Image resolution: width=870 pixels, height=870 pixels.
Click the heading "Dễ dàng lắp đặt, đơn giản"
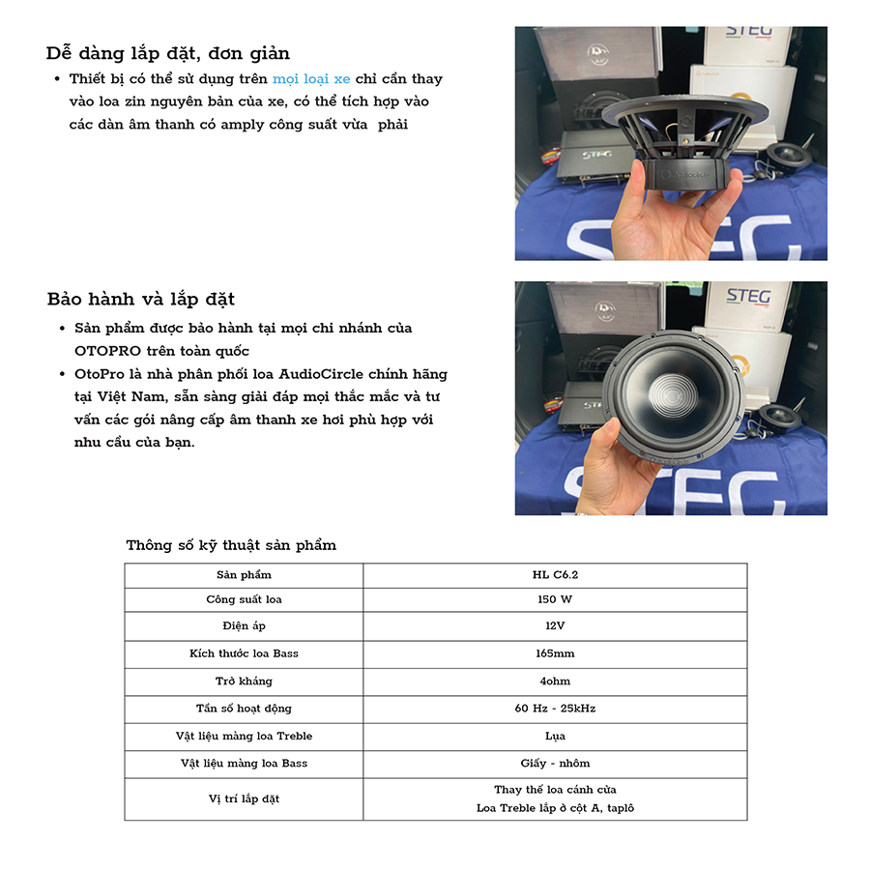168,53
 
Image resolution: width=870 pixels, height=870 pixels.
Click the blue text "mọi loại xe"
311,79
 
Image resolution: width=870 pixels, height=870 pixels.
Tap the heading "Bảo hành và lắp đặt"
141,299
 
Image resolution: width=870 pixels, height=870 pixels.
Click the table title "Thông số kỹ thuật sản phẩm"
231,545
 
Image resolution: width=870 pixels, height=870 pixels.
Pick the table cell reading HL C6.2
555,575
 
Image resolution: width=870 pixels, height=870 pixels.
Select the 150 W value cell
555,599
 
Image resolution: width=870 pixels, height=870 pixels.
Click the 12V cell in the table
555,626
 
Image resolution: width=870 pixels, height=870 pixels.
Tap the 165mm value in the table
555,653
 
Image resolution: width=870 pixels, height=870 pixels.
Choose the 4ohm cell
555,681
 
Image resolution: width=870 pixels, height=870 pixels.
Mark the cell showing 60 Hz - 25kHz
555,709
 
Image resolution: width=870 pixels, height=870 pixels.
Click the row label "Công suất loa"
244,599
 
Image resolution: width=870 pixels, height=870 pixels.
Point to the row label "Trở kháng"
244,681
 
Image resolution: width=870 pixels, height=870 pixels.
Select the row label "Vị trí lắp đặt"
244,799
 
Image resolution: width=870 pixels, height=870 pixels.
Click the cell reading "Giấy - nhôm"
555,763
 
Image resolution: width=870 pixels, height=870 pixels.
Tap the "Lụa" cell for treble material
555,736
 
